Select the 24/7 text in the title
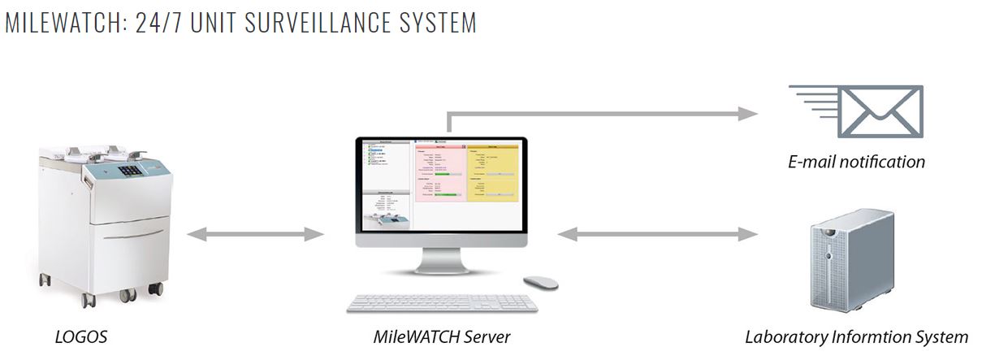pos(151,22)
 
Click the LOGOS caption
pos(81,336)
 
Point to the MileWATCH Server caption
pos(443,336)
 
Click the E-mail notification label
pos(856,162)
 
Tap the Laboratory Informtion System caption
pos(856,336)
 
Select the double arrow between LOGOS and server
pos(256,235)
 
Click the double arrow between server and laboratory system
pos(657,235)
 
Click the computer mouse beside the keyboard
pos(540,282)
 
